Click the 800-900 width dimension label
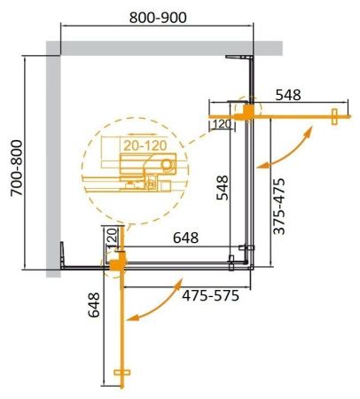[156, 16]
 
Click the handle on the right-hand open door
[335, 114]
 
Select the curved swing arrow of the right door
[287, 147]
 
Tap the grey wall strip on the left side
[53, 160]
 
